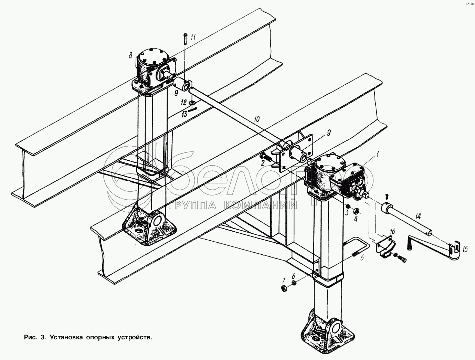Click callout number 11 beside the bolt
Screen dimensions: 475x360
(193, 37)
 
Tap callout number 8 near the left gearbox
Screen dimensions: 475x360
(130, 55)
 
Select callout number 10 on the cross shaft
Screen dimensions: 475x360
(257, 119)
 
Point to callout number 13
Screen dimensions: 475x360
(184, 114)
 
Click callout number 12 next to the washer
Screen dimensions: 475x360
(184, 102)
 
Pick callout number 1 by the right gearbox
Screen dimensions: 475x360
(377, 154)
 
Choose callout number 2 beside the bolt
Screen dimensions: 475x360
(263, 163)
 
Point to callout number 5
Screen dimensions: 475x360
(362, 257)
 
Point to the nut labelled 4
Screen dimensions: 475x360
(356, 211)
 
